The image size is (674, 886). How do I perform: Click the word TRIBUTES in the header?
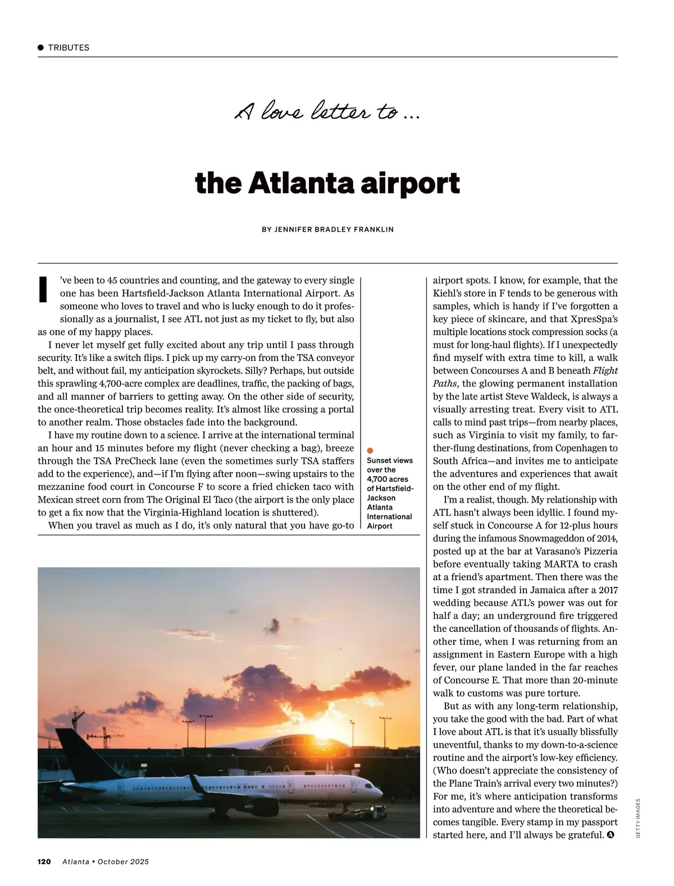coord(69,48)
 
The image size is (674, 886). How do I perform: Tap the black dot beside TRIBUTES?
coord(41,48)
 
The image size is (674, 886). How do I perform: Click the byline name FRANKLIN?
coord(374,229)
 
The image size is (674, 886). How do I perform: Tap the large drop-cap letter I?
coord(43,289)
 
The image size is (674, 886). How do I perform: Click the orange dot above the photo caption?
coord(370,450)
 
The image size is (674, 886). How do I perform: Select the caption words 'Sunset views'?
coord(390,460)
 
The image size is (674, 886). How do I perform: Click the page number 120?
coord(44,861)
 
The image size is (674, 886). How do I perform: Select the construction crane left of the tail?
coord(107,736)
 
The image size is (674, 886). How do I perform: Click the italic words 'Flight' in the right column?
coord(605,370)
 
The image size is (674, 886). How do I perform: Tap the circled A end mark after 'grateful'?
coord(610,835)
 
